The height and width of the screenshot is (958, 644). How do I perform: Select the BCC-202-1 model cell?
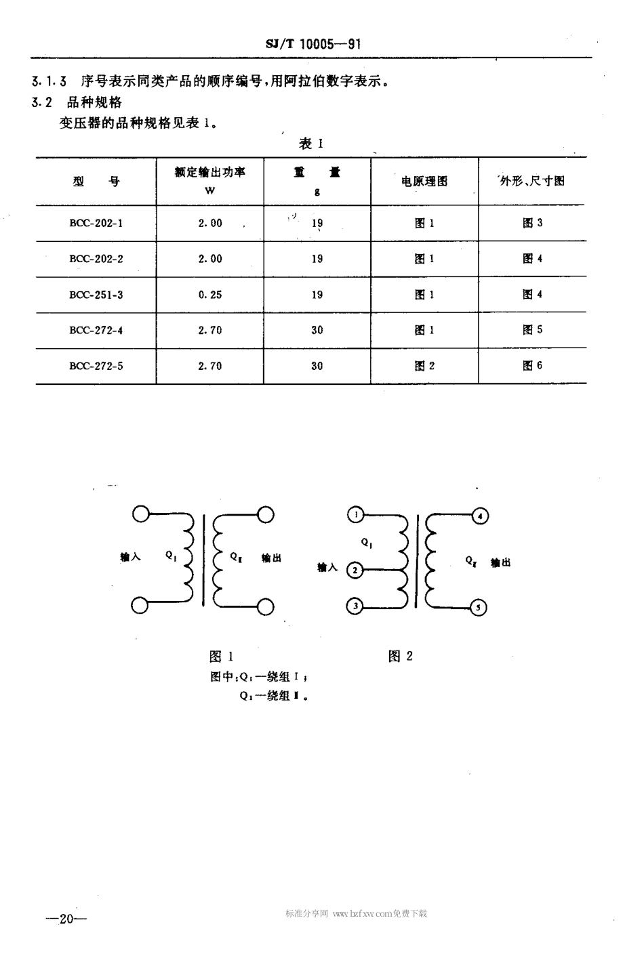[x=96, y=223]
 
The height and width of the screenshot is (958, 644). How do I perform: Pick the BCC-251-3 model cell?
[x=96, y=295]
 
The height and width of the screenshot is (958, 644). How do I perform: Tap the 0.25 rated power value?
[x=210, y=295]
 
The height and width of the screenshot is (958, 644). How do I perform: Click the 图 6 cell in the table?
[x=532, y=366]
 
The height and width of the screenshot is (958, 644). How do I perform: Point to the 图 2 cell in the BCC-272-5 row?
[x=424, y=366]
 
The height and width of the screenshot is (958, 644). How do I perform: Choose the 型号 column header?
[x=96, y=182]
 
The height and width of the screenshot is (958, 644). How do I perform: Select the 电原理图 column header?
[x=424, y=182]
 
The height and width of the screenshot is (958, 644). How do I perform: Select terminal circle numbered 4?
[x=479, y=516]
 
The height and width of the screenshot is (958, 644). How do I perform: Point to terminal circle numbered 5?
[x=478, y=607]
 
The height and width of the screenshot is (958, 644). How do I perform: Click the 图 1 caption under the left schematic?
[x=222, y=656]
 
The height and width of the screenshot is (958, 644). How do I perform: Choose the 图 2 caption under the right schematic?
[x=401, y=656]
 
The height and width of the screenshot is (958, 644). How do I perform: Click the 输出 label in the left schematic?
[x=271, y=558]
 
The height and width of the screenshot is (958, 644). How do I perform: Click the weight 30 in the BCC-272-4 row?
[x=317, y=331]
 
